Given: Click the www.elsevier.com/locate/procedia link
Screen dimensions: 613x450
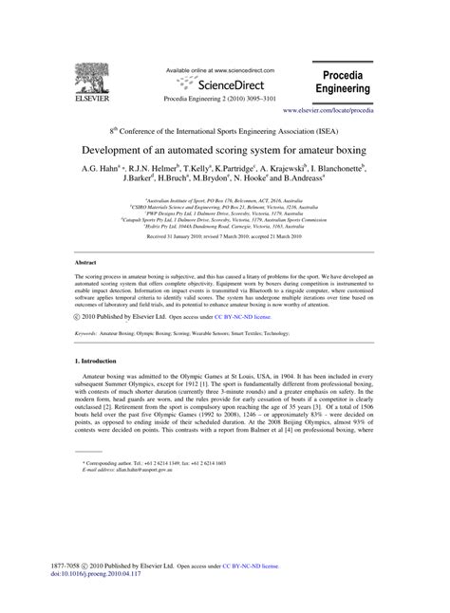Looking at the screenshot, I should coord(346,112).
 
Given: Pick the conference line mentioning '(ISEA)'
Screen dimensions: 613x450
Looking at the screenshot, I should coord(224,132).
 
